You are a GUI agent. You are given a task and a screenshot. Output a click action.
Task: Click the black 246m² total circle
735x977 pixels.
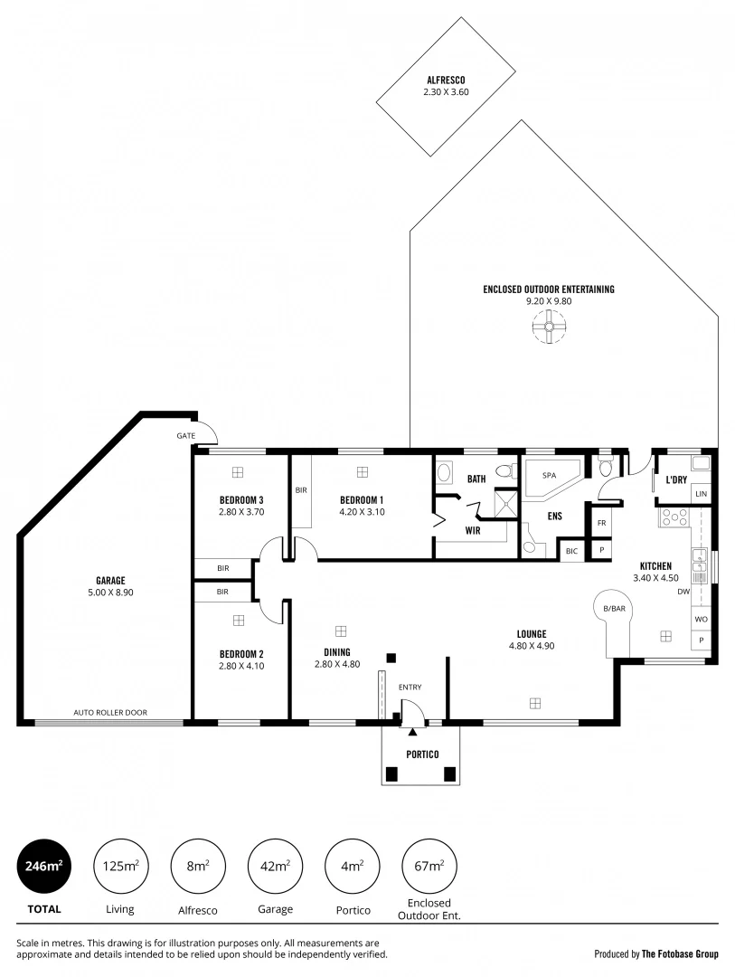click(42, 866)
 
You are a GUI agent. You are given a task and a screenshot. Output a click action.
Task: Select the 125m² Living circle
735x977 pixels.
click(119, 866)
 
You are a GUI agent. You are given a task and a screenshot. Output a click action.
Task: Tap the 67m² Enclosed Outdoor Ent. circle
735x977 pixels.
click(429, 866)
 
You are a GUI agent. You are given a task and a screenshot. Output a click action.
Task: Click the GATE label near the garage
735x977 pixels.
click(186, 435)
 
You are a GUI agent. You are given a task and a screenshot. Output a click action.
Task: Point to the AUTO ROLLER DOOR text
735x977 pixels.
click(110, 713)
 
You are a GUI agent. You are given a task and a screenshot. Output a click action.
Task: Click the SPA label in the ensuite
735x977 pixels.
click(549, 475)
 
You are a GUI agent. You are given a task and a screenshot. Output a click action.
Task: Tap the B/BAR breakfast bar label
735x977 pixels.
click(615, 609)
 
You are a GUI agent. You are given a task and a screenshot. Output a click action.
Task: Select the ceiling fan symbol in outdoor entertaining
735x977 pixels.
click(549, 326)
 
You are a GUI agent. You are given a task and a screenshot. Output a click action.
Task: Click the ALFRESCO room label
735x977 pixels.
click(446, 80)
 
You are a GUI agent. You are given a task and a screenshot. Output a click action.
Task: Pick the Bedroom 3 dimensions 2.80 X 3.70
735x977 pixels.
click(240, 512)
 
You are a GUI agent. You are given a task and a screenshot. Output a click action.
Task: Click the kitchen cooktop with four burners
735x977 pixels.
click(674, 517)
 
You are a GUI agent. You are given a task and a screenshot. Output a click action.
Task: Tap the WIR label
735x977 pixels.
click(472, 530)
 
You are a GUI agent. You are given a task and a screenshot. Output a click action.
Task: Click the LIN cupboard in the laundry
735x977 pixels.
click(701, 494)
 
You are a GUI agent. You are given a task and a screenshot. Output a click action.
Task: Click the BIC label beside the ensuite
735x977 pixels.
click(571, 550)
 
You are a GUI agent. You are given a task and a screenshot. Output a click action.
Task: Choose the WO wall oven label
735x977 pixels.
click(701, 619)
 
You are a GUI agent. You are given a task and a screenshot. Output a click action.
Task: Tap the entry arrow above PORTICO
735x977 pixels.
click(412, 731)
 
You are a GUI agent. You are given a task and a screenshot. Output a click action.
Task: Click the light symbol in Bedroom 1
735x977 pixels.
click(363, 471)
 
